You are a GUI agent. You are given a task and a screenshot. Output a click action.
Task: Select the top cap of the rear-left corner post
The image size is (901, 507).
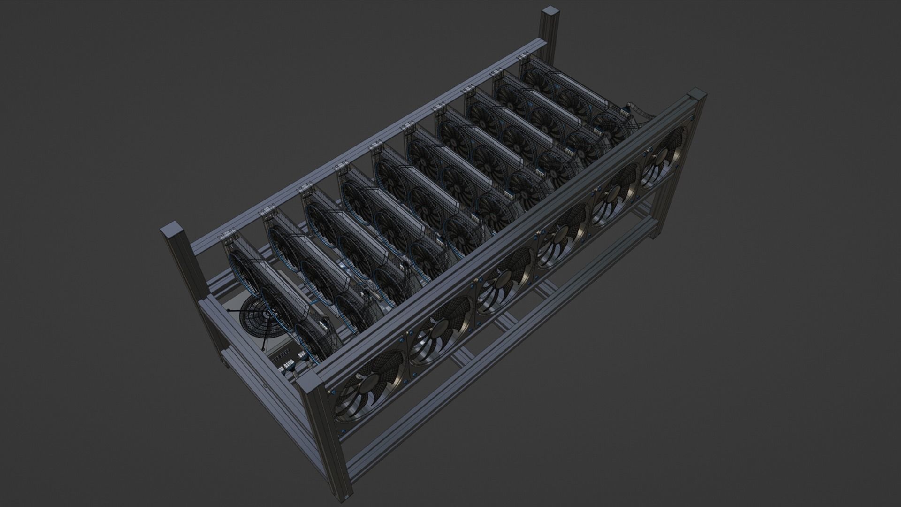170,231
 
